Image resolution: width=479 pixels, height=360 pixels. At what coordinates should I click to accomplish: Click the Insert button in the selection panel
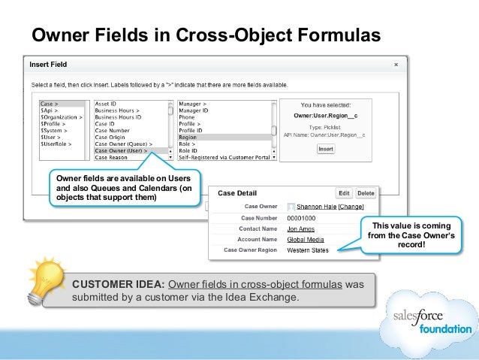(x=326, y=149)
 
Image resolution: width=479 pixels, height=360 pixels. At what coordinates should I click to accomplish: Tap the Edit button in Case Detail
(x=344, y=193)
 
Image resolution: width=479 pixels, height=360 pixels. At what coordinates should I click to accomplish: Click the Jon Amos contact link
(x=300, y=228)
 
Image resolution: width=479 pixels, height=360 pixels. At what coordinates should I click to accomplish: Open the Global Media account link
(x=306, y=239)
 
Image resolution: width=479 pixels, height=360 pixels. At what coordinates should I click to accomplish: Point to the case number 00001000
(x=303, y=217)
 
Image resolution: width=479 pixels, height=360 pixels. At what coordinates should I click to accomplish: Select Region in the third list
(x=188, y=138)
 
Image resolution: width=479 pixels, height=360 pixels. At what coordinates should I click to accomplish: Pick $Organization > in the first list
(x=61, y=117)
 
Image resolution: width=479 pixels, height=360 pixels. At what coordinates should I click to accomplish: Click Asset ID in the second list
(x=107, y=104)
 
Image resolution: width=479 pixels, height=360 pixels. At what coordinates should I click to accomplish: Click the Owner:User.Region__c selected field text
(x=327, y=116)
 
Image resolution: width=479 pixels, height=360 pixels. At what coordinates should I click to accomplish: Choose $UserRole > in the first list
(x=57, y=144)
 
